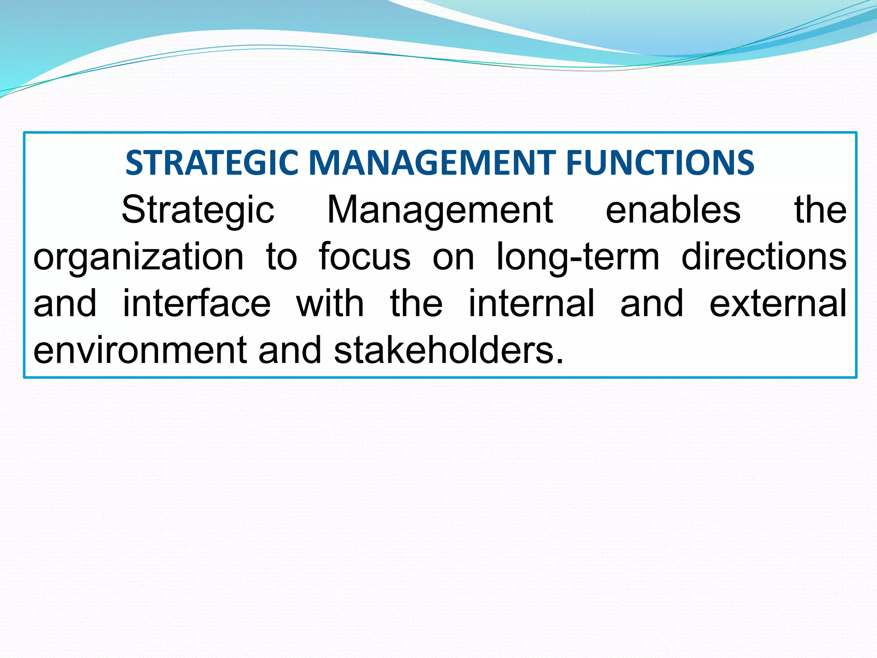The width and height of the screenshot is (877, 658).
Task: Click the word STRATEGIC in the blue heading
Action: tap(212, 163)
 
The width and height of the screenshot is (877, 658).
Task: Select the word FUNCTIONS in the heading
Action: tap(660, 163)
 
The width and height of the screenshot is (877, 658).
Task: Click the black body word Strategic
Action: tap(198, 210)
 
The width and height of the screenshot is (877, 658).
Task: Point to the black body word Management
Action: tap(440, 210)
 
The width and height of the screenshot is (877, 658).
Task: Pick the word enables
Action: tap(673, 210)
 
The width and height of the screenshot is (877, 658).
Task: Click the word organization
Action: tap(138, 257)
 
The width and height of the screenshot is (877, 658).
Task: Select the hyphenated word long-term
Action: tap(578, 257)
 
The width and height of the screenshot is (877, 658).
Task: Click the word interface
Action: tap(197, 303)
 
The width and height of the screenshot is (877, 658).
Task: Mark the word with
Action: tap(330, 303)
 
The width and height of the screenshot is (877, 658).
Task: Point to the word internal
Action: tap(531, 303)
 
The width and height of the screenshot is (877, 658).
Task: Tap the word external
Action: tap(778, 303)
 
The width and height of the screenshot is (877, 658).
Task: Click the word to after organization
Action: tap(281, 257)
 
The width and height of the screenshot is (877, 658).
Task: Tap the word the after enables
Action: tap(820, 210)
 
